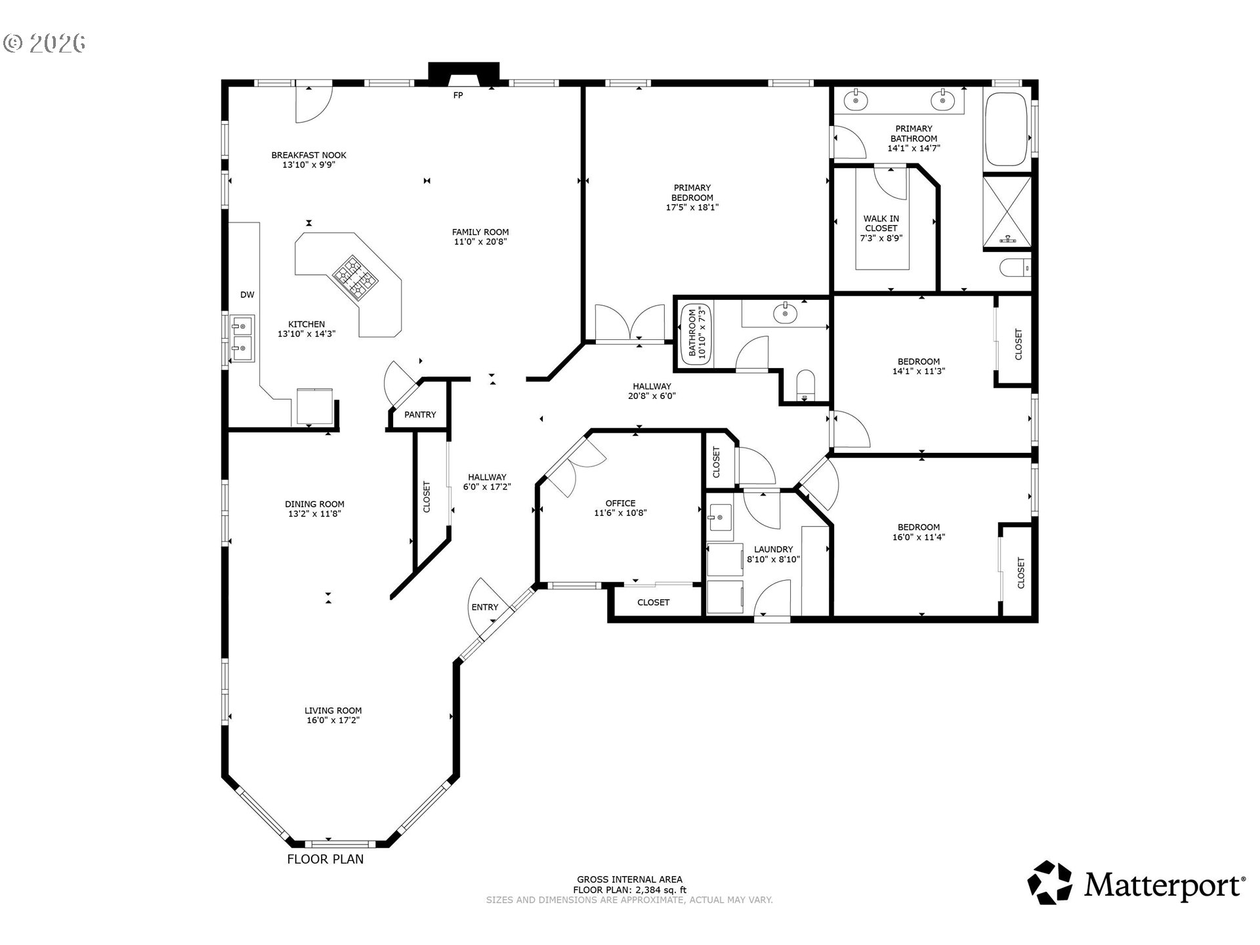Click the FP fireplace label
(458, 96)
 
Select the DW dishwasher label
(247, 295)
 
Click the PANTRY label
(420, 415)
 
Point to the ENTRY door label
(484, 608)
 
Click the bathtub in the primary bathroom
(1005, 129)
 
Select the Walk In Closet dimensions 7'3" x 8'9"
(881, 238)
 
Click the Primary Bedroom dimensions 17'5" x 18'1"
(692, 207)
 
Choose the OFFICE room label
(620, 503)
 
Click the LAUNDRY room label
(773, 549)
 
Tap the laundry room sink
(719, 517)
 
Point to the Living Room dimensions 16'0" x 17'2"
(333, 720)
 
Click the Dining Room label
(314, 504)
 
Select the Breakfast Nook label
(308, 156)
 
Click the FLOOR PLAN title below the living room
(325, 859)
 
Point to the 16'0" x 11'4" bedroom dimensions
(918, 537)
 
